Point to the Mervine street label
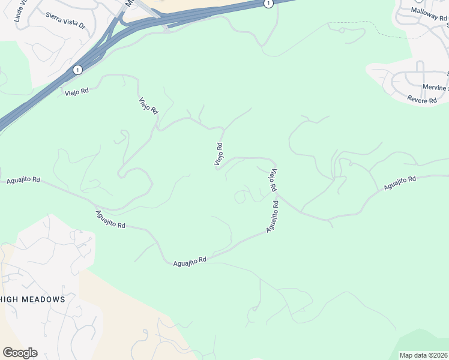point(435,88)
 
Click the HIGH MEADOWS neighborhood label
point(32,299)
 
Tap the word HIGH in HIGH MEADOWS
point(13,299)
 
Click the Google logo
point(20,353)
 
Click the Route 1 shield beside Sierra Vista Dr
point(77,70)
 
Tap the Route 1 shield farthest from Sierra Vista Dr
point(268,4)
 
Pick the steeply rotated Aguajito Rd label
point(272,217)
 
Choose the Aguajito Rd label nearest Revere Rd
point(400,184)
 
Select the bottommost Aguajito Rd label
point(190,260)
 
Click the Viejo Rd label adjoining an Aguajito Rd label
point(273,181)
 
